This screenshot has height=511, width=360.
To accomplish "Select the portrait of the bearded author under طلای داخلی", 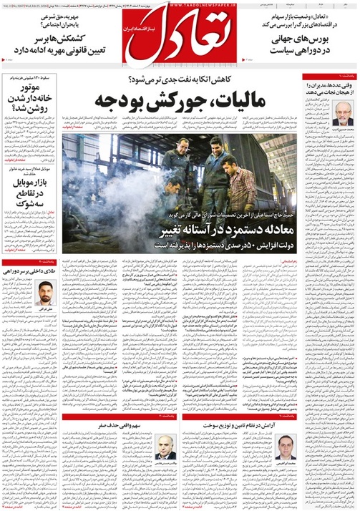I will click(x=44, y=294).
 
